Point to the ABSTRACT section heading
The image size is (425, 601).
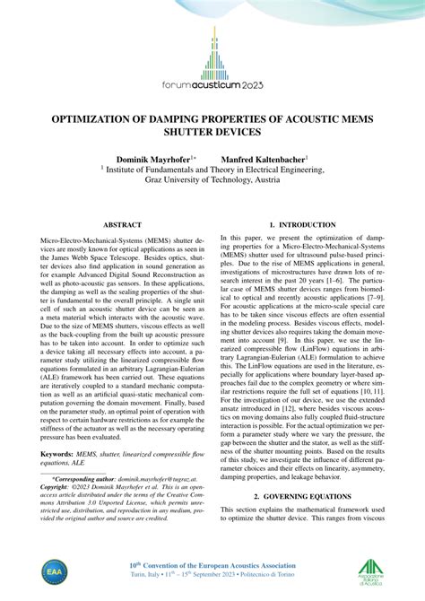pos(122,224)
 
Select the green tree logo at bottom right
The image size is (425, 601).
pos(371,571)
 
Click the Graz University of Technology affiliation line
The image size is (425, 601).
pos(212,179)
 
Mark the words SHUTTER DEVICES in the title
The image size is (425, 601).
pos(212,132)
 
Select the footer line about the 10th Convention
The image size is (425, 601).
pos(212,565)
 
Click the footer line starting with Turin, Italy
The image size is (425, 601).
pos(212,577)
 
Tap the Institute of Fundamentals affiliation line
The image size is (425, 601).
pos(212,168)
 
